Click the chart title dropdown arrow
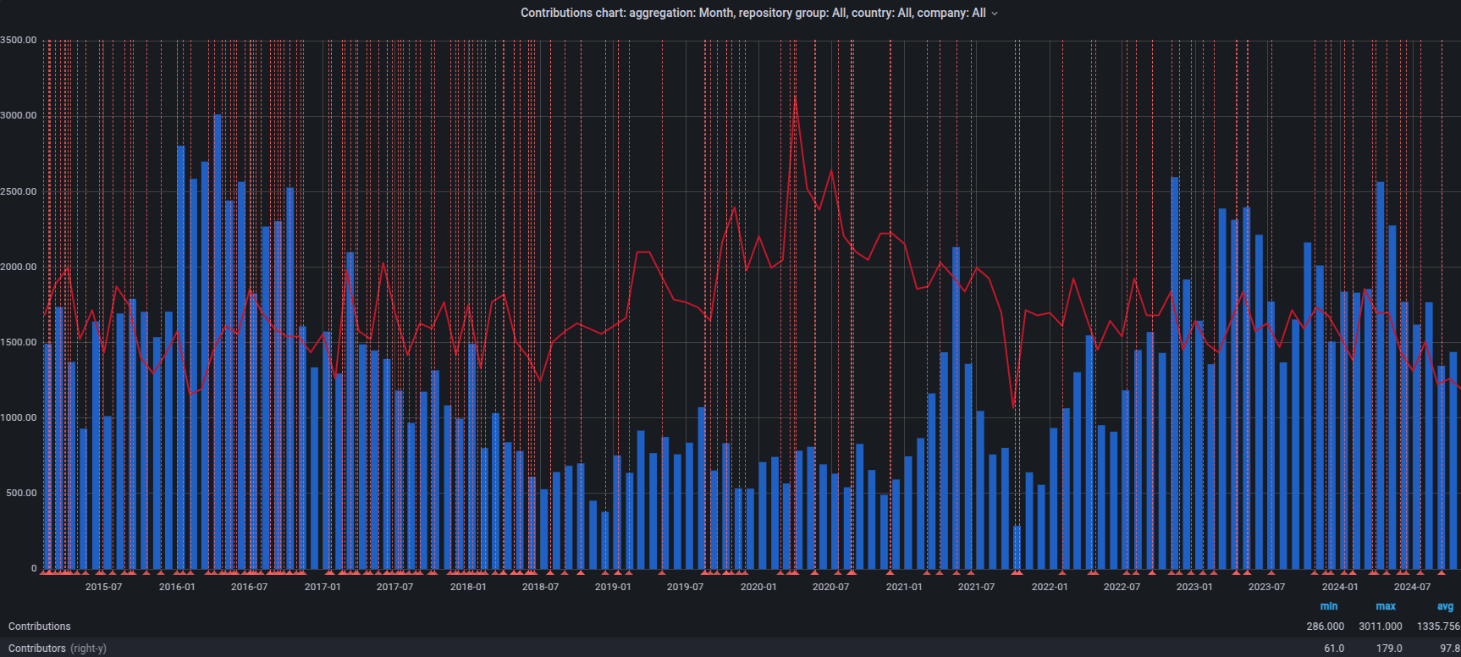(x=995, y=14)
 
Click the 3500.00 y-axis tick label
(x=19, y=40)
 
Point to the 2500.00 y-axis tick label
(x=19, y=191)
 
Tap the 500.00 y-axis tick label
(x=21, y=494)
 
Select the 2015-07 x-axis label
(x=103, y=587)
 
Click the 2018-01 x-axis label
(x=468, y=587)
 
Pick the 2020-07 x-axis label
(x=830, y=587)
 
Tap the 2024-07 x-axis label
(x=1412, y=587)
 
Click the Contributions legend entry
(x=40, y=627)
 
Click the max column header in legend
(x=1386, y=606)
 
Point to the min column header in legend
(x=1329, y=606)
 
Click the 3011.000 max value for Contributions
(x=1381, y=627)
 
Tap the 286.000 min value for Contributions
(x=1325, y=627)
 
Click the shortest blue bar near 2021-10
(x=1017, y=548)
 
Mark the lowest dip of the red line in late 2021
(x=1014, y=407)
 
